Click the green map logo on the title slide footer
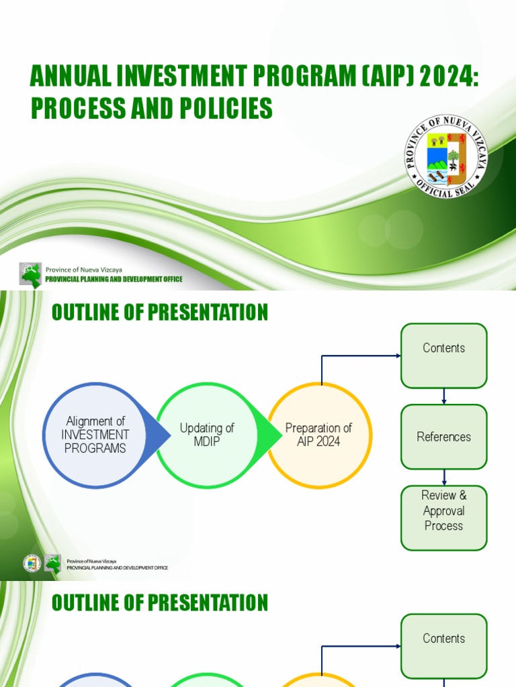tap(30, 275)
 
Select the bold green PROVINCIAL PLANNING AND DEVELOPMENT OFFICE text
tap(114, 280)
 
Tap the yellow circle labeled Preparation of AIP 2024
tap(319, 435)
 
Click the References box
tap(443, 437)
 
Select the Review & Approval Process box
tap(443, 517)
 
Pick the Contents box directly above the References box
tap(443, 356)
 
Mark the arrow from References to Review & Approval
tap(444, 478)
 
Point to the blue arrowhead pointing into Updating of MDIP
tap(161, 435)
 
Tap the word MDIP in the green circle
tap(207, 441)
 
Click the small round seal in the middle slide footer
tap(32, 564)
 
